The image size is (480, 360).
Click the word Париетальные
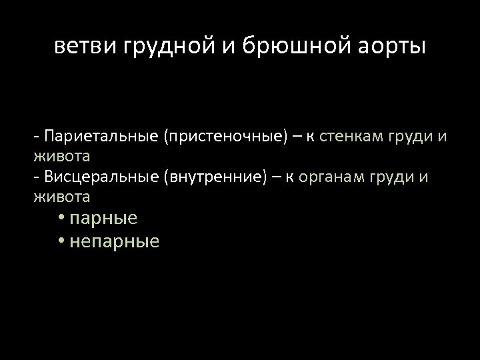tap(101, 137)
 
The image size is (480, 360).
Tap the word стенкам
tap(352, 137)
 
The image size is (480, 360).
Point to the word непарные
tap(114, 241)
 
